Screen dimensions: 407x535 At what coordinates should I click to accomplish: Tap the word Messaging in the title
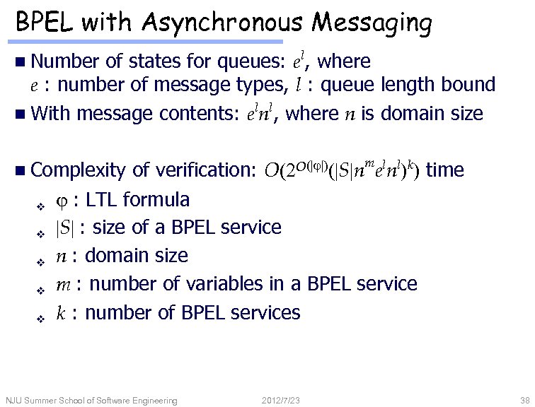coord(372,23)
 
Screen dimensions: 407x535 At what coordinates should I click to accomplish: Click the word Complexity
coord(79,170)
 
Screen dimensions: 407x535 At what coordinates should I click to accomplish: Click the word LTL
coord(102,199)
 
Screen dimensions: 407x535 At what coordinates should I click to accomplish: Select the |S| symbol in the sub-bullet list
coord(65,228)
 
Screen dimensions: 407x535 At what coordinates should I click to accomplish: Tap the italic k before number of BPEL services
coord(62,312)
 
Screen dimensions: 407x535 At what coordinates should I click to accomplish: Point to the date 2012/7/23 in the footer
coord(280,401)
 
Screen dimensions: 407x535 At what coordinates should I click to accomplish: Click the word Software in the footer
coord(120,401)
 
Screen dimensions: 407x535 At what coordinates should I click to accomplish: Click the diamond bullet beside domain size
coord(40,261)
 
